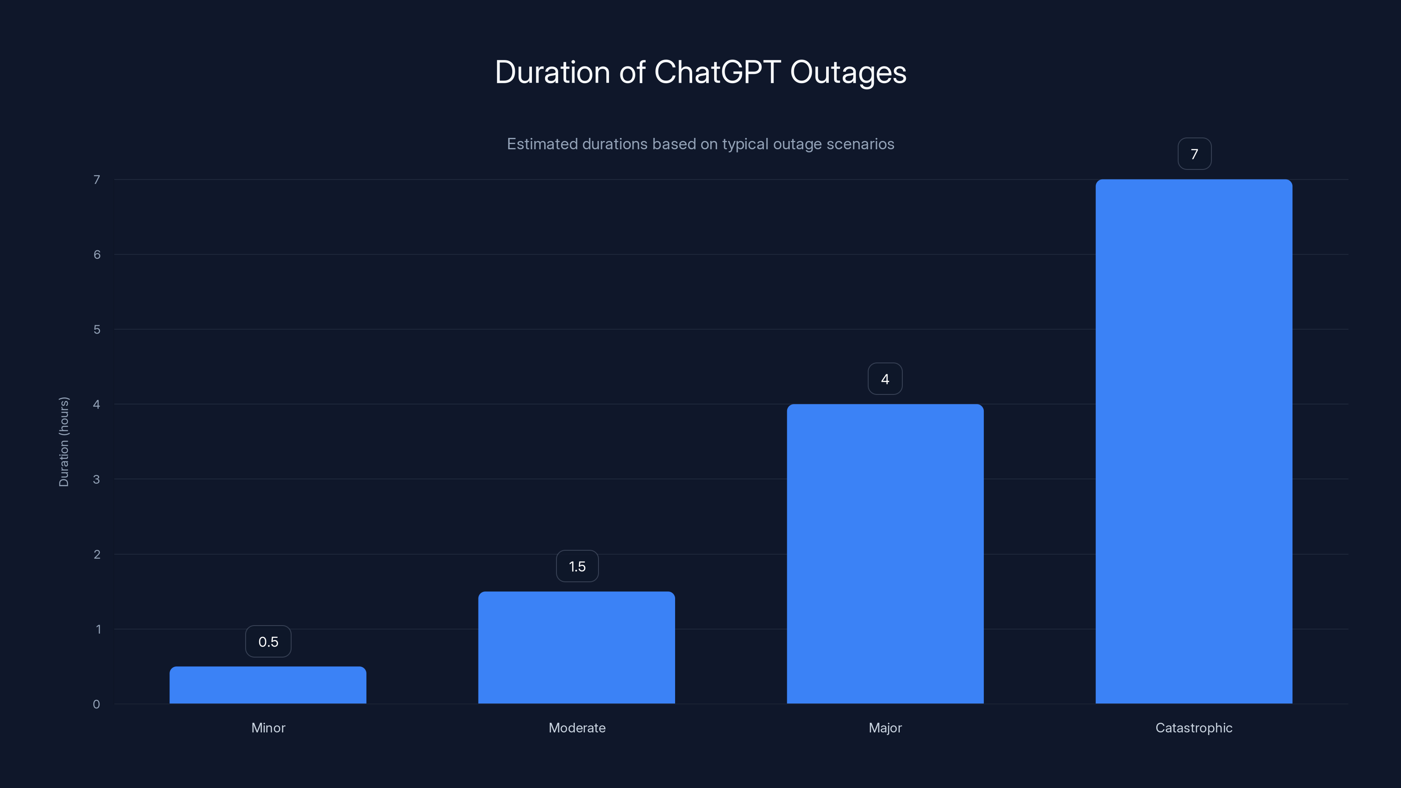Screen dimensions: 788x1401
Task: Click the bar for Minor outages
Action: (x=268, y=685)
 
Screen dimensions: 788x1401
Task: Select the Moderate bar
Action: (x=577, y=647)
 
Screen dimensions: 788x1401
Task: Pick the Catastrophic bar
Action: (x=1194, y=441)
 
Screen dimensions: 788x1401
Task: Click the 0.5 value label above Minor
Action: (x=268, y=642)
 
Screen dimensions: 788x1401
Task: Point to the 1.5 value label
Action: (x=577, y=566)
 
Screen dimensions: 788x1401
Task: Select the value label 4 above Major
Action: (x=885, y=379)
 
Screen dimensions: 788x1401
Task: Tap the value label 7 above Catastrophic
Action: (x=1194, y=155)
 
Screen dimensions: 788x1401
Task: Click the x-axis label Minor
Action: (x=268, y=728)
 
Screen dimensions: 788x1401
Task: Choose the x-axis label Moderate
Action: (x=577, y=728)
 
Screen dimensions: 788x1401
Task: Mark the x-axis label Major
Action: (x=885, y=728)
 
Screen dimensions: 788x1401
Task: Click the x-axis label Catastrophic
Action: (x=1194, y=728)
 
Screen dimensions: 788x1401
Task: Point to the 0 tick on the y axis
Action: (x=96, y=704)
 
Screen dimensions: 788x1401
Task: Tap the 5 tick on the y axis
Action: (x=97, y=330)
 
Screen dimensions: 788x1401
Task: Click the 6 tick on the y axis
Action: (x=97, y=254)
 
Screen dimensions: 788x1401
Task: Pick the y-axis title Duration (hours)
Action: (x=63, y=442)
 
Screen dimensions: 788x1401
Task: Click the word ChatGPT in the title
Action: (x=717, y=72)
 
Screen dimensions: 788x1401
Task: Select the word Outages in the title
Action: (x=848, y=72)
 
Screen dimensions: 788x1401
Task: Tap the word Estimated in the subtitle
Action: (x=542, y=144)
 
